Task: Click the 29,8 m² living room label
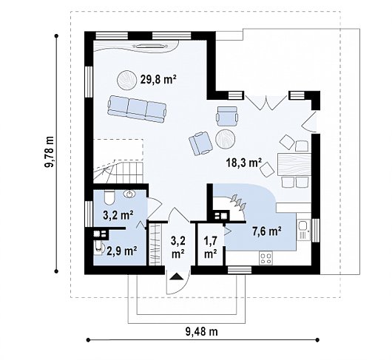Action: tap(158, 79)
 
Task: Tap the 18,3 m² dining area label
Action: tap(244, 163)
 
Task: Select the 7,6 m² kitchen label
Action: tap(267, 231)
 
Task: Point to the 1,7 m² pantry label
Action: tap(211, 248)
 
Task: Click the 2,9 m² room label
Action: tap(122, 251)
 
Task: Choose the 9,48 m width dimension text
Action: tap(201, 331)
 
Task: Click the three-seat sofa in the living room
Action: tap(137, 109)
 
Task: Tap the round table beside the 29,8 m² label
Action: tap(126, 80)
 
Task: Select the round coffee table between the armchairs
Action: tap(225, 139)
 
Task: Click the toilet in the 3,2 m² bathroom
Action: tap(109, 197)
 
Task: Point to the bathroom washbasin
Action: tap(129, 194)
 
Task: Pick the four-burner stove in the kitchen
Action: tap(266, 258)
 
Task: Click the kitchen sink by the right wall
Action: tap(304, 230)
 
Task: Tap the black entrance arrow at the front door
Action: tap(177, 276)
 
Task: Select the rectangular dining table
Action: tap(294, 164)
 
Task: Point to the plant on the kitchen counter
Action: tap(237, 201)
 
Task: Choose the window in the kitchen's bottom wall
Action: tap(240, 270)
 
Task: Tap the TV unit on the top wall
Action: tap(151, 46)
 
